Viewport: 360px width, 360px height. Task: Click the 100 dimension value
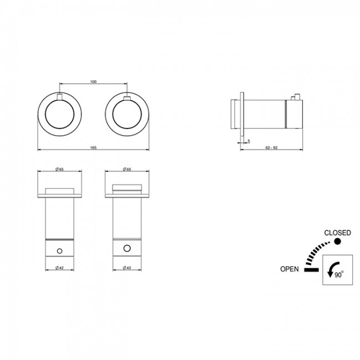click(94, 82)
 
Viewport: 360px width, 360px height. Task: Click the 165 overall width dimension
click(93, 148)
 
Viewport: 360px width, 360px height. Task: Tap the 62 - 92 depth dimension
click(271, 148)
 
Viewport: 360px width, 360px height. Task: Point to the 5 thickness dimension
click(249, 141)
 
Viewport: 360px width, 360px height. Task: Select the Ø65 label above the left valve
click(59, 169)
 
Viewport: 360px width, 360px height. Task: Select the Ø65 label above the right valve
click(127, 169)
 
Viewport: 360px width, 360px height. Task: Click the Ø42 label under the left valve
click(59, 268)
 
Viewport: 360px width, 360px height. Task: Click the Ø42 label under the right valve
click(127, 268)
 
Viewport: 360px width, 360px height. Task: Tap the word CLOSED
click(337, 233)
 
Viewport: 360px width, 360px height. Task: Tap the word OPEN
click(290, 269)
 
